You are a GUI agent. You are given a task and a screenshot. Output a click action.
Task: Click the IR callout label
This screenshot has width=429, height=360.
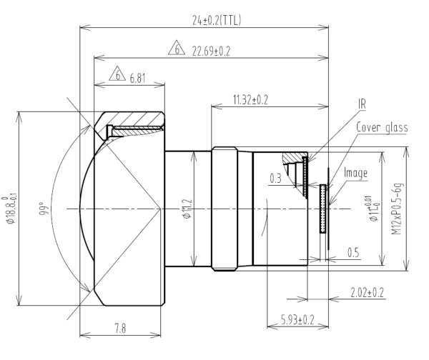tap(363, 104)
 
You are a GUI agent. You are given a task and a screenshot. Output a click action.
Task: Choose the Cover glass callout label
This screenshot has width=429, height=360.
tap(382, 128)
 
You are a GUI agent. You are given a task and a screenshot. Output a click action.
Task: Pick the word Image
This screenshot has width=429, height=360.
tap(357, 173)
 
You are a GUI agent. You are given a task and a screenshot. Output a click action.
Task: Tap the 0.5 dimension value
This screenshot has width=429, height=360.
tap(353, 252)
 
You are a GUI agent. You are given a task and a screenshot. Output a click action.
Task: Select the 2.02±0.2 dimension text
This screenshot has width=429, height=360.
tap(368, 292)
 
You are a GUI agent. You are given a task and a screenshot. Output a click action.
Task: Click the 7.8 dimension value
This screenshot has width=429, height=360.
tap(119, 328)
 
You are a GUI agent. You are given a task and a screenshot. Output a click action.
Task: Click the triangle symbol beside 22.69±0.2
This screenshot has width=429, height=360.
tap(175, 50)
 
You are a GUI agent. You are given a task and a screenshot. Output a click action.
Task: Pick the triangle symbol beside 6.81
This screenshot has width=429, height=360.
tap(117, 75)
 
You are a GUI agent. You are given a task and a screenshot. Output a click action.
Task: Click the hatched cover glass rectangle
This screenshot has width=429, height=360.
tap(323, 209)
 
